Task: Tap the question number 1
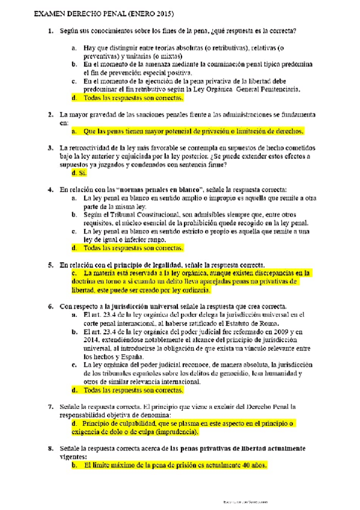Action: [x=50, y=31]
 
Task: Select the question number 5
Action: [x=50, y=264]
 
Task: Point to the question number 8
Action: [x=50, y=449]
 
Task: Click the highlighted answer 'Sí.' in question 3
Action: [x=79, y=173]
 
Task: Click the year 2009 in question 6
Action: [x=281, y=331]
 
